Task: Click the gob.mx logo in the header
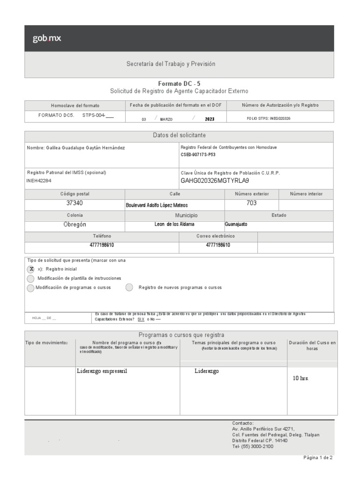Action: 46,38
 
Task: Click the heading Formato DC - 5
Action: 179,83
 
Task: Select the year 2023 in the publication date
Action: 210,119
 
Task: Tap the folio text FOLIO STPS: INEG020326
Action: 268,119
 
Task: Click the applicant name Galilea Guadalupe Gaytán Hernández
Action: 76,148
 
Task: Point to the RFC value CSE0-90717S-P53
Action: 198,154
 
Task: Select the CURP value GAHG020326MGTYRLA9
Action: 215,180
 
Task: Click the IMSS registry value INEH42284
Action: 39,180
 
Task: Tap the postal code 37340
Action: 75,203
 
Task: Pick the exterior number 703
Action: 251,203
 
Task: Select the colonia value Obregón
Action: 75,225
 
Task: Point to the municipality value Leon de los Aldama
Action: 174,225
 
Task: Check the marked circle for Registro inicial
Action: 30,269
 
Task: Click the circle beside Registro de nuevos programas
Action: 129,287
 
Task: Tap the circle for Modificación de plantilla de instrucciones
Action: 30,278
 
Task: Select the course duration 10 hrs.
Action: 301,378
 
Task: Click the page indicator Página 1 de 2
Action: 318,458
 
